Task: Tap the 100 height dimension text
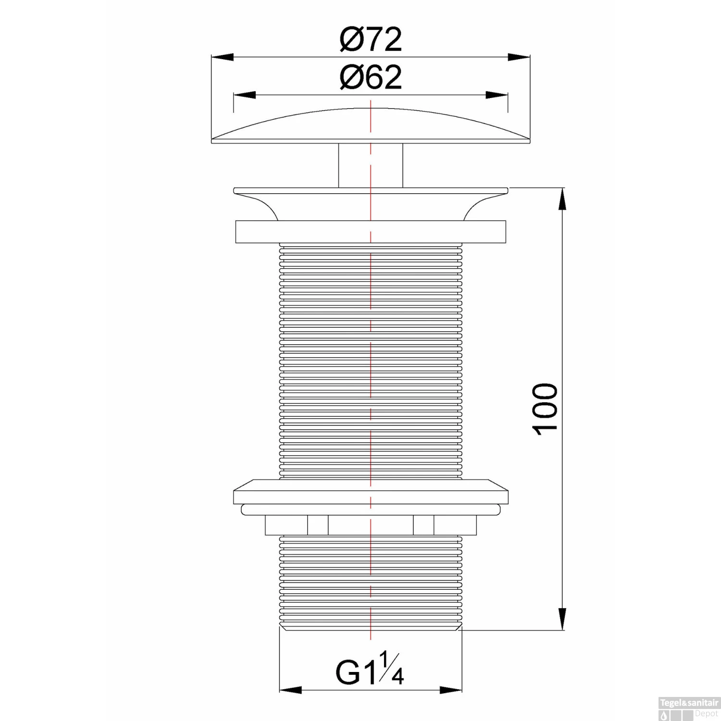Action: (546, 409)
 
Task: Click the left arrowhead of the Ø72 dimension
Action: (222, 57)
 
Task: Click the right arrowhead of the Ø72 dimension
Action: (519, 57)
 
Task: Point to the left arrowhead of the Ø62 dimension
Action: (244, 95)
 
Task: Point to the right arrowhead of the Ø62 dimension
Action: (497, 95)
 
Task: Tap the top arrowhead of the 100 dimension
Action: (561, 199)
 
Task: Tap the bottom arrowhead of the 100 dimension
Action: (561, 618)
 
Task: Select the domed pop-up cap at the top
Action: (370, 127)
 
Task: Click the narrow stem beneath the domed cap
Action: (370, 165)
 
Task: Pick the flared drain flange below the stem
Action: (370, 202)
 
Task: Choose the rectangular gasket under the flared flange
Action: (370, 232)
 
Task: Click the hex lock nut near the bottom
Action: (370, 525)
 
